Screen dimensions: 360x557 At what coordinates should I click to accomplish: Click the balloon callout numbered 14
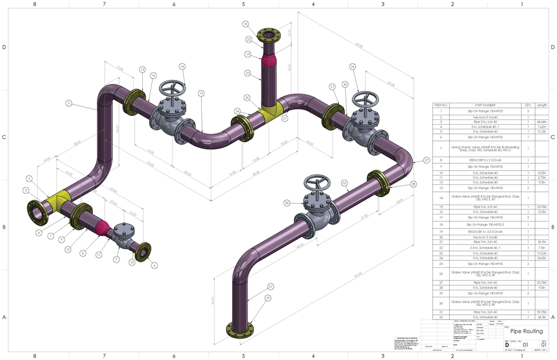(182, 67)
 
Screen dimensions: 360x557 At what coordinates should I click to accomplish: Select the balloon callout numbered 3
(68, 103)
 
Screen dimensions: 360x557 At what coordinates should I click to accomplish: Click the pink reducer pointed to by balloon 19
(269, 61)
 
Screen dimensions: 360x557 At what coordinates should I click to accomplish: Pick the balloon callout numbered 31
(270, 286)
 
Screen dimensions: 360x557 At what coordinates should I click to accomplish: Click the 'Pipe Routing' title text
(526, 332)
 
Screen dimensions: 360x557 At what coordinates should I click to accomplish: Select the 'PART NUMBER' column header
(485, 105)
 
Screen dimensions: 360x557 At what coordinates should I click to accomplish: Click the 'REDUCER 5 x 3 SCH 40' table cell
(485, 160)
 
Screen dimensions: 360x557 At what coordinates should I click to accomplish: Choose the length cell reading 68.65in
(542, 121)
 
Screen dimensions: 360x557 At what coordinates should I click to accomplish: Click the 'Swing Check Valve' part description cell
(485, 148)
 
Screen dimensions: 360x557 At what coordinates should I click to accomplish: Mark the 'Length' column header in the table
(542, 105)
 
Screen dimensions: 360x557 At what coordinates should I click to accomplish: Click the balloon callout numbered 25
(414, 184)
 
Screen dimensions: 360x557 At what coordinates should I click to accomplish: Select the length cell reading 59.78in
(542, 311)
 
